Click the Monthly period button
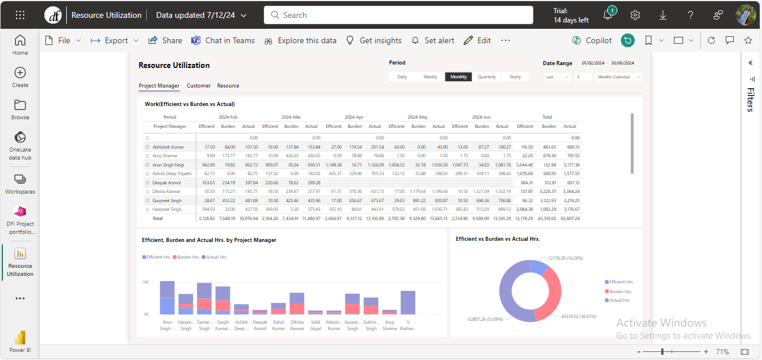click(x=458, y=77)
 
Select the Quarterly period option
click(x=487, y=77)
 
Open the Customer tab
click(x=199, y=86)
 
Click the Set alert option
click(x=433, y=40)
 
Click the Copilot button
click(x=592, y=40)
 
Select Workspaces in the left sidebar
click(x=20, y=184)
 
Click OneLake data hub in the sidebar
click(x=20, y=146)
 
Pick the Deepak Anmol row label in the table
click(x=167, y=183)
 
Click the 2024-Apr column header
click(x=354, y=117)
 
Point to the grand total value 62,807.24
click(x=570, y=218)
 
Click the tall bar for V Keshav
click(x=408, y=302)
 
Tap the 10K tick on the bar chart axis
click(x=146, y=282)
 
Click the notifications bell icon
click(x=608, y=16)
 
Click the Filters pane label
click(x=750, y=100)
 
